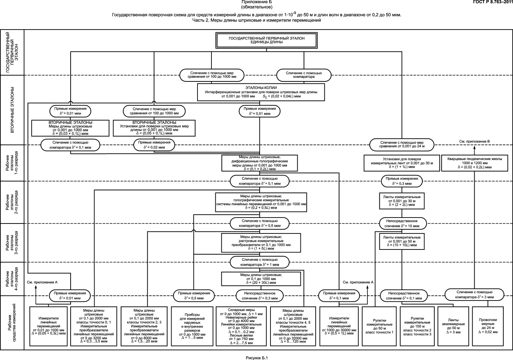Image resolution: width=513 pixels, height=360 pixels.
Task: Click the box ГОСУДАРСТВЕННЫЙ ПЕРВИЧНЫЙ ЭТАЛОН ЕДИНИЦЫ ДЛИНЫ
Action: (x=266, y=40)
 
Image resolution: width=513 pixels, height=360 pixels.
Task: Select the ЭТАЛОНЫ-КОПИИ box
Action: (x=261, y=92)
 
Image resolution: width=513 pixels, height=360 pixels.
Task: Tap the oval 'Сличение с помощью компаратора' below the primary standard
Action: (x=304, y=75)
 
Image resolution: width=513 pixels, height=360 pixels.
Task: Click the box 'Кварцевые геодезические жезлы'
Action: (x=475, y=163)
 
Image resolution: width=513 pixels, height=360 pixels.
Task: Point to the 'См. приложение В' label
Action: (x=475, y=141)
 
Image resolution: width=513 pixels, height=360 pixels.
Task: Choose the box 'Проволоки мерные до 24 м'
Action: (x=488, y=326)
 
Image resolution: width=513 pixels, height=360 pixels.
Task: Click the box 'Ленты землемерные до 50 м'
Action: (x=453, y=326)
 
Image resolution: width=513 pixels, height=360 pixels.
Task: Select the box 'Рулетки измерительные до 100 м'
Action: (x=417, y=326)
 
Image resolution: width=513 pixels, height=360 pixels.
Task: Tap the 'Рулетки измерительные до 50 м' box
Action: (x=379, y=326)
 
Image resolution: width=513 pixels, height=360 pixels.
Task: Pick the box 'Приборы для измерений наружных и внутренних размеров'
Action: (x=192, y=326)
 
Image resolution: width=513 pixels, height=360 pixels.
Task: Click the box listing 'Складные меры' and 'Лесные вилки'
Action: (x=241, y=326)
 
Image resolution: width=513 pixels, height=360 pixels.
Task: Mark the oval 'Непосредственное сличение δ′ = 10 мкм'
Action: (x=403, y=224)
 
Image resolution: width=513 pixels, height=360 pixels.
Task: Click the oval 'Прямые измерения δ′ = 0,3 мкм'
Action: (x=402, y=181)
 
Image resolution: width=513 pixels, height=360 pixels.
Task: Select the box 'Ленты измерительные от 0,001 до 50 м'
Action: (x=402, y=241)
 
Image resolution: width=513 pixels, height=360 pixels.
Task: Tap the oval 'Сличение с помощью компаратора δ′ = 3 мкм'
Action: (x=474, y=295)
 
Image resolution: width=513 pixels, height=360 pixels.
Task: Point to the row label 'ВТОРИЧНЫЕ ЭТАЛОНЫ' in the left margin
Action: (x=12, y=110)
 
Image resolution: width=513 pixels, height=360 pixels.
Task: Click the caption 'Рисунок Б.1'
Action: (x=256, y=358)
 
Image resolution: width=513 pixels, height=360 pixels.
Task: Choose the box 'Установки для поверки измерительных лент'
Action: (x=402, y=163)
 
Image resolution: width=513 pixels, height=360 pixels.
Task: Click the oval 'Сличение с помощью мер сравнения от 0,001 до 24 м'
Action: (x=402, y=144)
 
